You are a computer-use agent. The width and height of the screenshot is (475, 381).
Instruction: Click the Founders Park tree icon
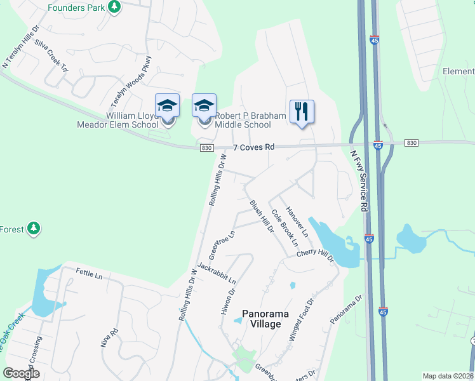pos(114,7)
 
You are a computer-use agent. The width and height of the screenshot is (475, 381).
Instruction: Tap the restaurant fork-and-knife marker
pos(302,111)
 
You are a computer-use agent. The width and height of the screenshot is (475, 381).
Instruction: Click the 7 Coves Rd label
pos(253,147)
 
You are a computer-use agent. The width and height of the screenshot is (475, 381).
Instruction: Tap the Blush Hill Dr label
pos(261,216)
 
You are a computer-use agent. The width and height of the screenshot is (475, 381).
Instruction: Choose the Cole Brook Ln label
pos(284,227)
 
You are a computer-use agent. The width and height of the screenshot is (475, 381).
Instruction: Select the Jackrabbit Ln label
pos(217,272)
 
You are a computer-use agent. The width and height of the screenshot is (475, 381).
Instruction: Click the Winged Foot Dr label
pos(302,321)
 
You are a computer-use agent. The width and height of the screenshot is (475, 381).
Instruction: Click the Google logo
pos(21,373)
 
